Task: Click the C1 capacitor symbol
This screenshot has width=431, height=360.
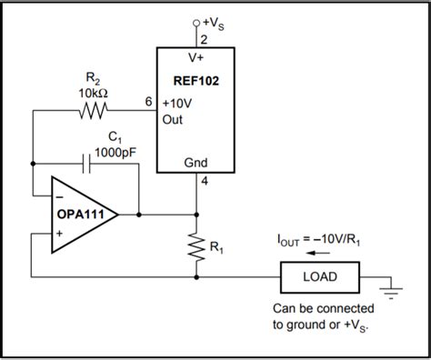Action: (x=87, y=164)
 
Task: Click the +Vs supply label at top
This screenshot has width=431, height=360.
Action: (x=210, y=21)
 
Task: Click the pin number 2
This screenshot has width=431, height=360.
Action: (x=203, y=39)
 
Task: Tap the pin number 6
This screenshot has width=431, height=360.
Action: (x=148, y=102)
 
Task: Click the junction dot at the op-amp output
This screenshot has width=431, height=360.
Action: (x=138, y=215)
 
